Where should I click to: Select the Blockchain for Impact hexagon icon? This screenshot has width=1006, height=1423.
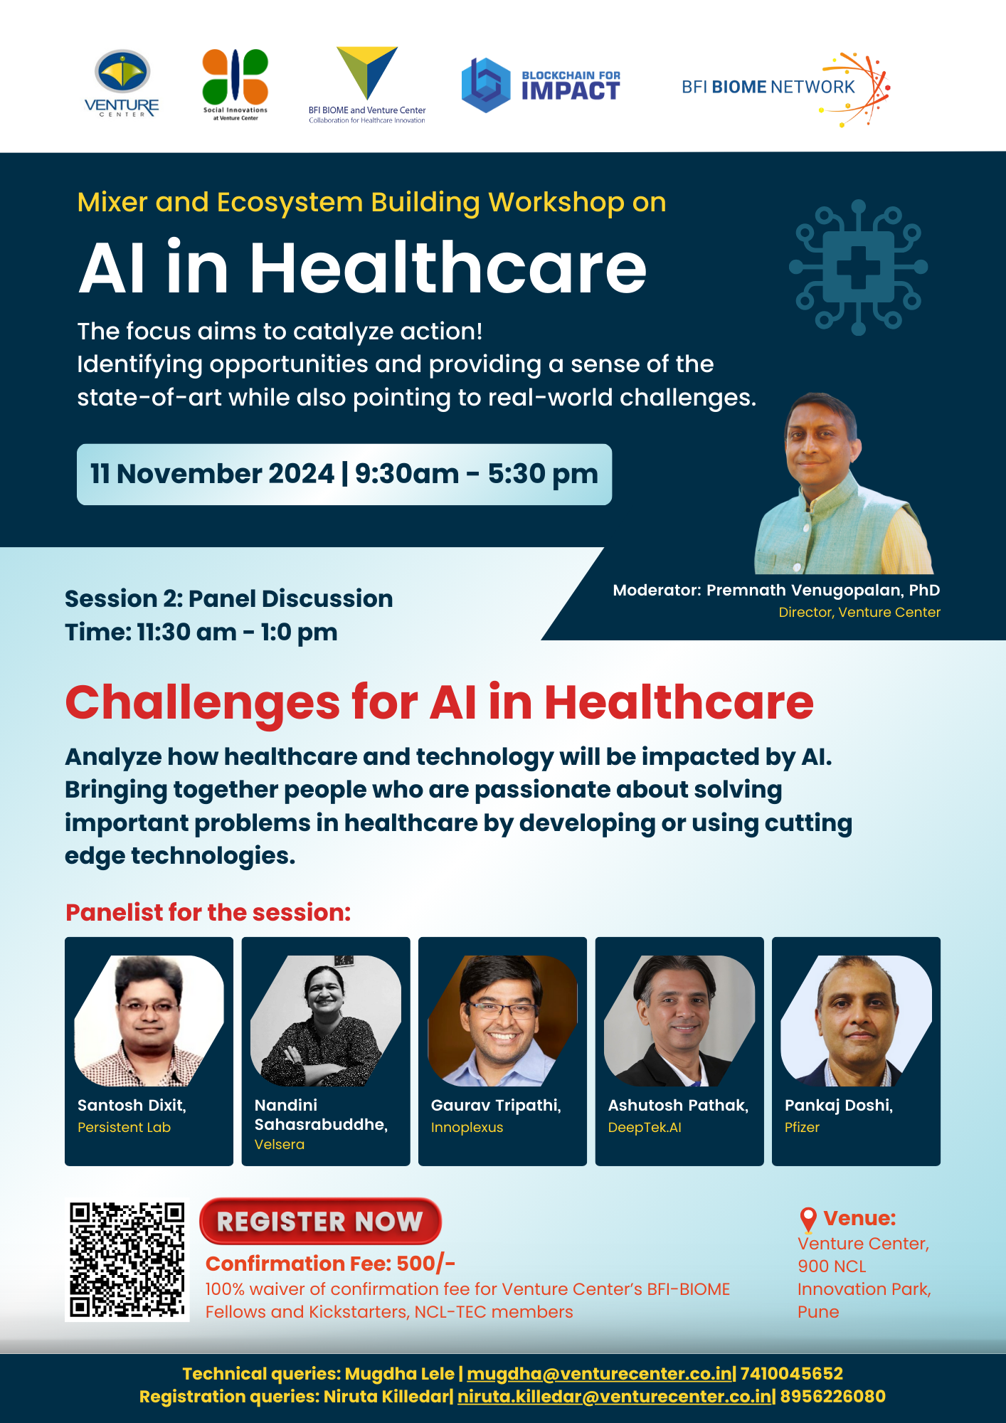(486, 85)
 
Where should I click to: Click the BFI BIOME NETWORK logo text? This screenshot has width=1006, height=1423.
(768, 87)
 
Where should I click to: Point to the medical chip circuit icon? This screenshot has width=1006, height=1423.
(858, 267)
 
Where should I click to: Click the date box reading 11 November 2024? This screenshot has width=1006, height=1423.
(344, 475)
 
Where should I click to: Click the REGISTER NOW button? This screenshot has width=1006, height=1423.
(320, 1221)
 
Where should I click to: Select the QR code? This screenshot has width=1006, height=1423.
(127, 1260)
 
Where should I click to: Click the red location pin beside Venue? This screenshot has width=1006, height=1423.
(808, 1219)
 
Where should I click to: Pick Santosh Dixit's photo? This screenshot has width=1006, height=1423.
(149, 1020)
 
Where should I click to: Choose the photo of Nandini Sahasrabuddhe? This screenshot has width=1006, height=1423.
(326, 1020)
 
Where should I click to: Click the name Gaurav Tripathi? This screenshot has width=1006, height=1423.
(496, 1105)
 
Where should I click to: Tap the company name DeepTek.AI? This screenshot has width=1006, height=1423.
(645, 1127)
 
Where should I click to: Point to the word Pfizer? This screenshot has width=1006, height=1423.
(802, 1127)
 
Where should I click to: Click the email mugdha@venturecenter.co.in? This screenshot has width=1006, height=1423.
(600, 1374)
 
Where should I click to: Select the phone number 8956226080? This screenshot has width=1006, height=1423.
(833, 1397)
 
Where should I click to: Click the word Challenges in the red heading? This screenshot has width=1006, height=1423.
(203, 704)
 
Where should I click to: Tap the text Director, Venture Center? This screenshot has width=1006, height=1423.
(859, 612)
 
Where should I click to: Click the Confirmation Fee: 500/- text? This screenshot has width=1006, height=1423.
(330, 1264)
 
